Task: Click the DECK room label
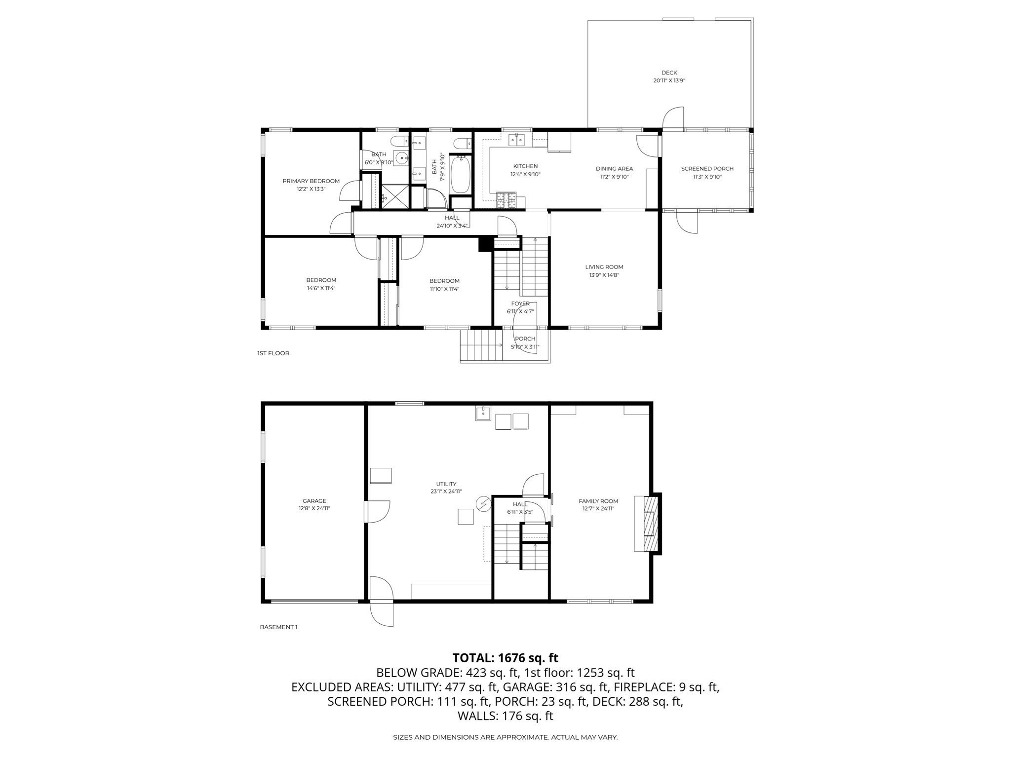coord(669,73)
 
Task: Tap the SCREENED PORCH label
coord(707,169)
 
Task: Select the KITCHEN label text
coord(525,166)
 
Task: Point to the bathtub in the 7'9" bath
coord(461,175)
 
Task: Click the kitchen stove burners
coord(506,200)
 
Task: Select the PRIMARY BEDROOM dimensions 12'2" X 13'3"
coord(311,189)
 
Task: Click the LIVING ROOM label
coord(604,267)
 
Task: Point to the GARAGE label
coord(314,501)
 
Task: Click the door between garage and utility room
coord(378,512)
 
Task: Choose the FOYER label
coord(520,303)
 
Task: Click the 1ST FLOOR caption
coord(273,353)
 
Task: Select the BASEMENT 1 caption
coord(278,627)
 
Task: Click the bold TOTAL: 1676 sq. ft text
coord(505,658)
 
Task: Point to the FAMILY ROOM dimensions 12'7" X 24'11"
coord(598,509)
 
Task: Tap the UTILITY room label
coord(446,484)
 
